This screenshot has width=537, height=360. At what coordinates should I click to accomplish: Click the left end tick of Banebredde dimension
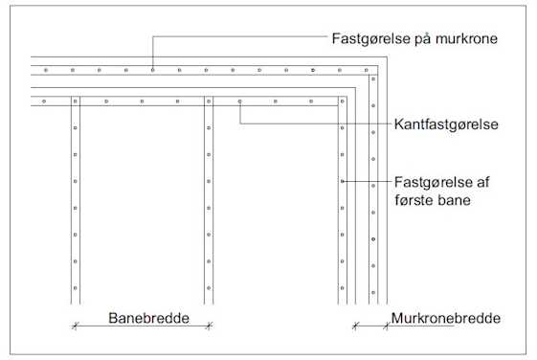click(75, 326)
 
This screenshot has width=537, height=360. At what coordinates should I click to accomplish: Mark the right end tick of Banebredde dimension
click(209, 326)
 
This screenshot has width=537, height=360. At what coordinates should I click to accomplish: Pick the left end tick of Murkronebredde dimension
click(355, 326)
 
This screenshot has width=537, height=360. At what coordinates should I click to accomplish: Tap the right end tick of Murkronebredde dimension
click(387, 326)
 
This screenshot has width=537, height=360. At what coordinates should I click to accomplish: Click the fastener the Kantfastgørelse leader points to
click(240, 101)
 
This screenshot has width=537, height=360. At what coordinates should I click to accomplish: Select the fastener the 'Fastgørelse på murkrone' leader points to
click(152, 70)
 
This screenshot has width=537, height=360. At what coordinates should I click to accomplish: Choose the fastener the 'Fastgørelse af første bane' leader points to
click(342, 181)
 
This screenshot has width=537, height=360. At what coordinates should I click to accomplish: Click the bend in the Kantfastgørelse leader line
click(240, 123)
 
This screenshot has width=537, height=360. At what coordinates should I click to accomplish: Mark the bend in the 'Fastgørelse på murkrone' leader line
click(152, 37)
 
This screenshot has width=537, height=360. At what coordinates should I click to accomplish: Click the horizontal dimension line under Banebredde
click(142, 326)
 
